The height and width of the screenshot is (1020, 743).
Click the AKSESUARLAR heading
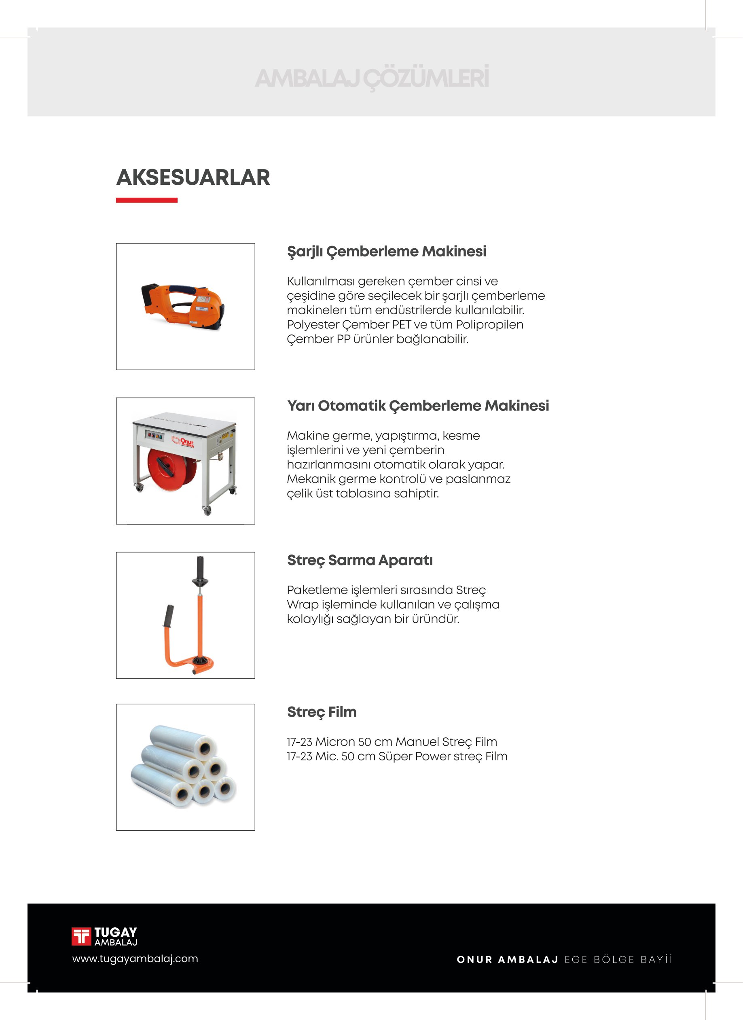pos(193,177)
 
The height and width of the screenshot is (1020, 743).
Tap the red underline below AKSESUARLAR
pos(147,200)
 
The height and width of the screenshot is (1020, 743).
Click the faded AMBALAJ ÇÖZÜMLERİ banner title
pos(371,78)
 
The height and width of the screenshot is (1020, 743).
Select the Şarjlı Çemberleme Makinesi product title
pos(386,252)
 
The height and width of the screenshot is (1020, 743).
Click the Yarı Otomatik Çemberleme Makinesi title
pos(418,406)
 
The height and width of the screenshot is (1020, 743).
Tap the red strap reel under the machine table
pos(172,469)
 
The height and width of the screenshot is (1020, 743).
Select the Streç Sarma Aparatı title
pos(360,561)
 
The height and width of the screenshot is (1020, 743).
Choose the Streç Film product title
pos(322,712)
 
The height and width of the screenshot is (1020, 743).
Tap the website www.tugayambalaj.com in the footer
pos(135,959)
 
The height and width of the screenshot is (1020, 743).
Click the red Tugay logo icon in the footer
pos(81,936)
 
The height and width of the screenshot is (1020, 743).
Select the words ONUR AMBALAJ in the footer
pos(507,959)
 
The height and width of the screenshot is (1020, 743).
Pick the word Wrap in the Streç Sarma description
pos(303,605)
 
